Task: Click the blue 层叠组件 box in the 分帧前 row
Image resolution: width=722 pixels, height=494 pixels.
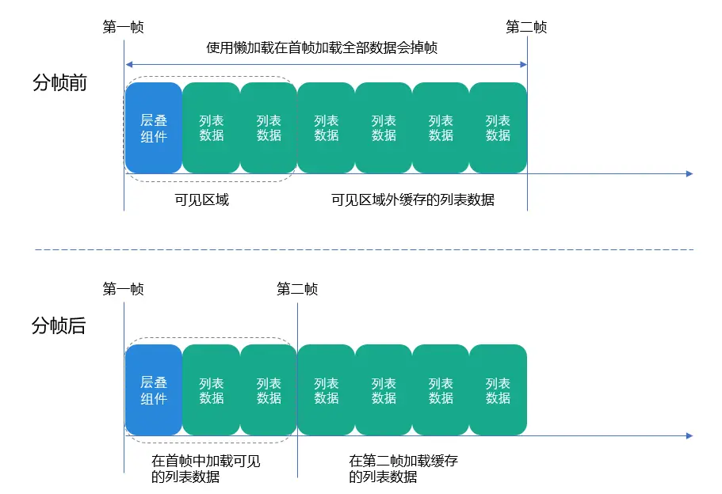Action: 154,127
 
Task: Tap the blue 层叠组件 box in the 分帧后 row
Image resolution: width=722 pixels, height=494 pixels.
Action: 154,390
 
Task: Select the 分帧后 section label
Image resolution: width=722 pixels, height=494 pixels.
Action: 59,325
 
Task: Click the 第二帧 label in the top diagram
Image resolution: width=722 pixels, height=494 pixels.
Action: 526,28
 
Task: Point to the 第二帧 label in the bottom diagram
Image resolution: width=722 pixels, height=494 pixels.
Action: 297,290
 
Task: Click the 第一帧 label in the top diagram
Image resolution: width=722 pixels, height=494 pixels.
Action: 124,28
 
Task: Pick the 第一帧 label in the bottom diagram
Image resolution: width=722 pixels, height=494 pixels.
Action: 124,290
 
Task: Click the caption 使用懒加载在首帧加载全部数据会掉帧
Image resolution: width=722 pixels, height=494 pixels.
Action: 322,48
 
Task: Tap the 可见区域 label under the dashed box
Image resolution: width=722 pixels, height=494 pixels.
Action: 202,199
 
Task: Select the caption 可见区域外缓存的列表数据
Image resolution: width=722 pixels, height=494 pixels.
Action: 412,199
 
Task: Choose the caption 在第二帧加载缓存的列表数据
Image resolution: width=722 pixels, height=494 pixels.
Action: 403,469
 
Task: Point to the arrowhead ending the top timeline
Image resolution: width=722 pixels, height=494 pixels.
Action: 690,173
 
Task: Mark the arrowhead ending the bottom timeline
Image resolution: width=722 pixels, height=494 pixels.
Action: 690,435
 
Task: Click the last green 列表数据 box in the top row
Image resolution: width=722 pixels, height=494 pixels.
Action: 498,127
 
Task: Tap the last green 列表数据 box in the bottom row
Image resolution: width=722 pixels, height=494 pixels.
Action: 498,390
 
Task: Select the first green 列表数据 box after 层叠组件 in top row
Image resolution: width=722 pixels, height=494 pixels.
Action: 212,127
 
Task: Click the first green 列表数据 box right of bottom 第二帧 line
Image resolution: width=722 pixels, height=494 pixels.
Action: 327,390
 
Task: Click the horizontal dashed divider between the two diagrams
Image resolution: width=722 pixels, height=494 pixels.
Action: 365,250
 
